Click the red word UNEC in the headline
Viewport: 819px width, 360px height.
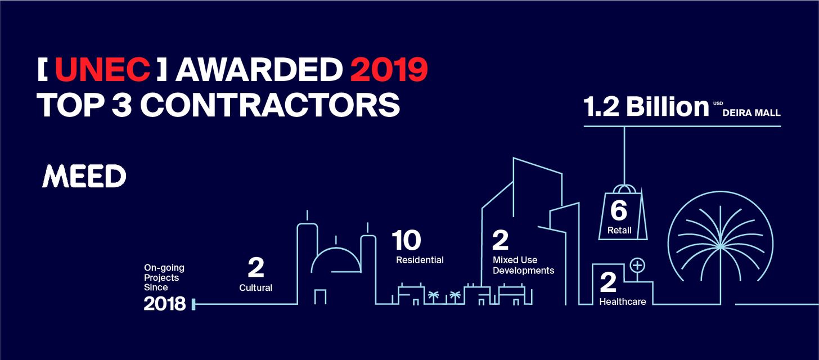tap(102, 69)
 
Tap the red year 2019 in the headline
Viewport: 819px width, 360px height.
tap(389, 69)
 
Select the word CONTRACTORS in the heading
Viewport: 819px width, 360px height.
tap(270, 105)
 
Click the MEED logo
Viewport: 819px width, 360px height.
tap(84, 176)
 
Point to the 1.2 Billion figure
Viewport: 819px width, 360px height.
tap(646, 107)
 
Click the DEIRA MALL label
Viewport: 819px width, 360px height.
tap(751, 113)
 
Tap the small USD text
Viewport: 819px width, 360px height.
tap(718, 103)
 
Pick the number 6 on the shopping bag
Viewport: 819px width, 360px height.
tap(619, 210)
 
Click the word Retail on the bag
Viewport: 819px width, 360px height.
tap(619, 230)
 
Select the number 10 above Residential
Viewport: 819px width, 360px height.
tap(406, 240)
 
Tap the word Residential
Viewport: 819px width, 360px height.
tap(420, 260)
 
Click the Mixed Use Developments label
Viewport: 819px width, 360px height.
tap(523, 265)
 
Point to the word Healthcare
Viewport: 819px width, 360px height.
tap(623, 301)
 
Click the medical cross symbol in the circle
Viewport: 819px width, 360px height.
tap(637, 265)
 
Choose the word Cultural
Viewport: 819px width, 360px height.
tap(255, 287)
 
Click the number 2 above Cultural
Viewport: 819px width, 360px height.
tap(256, 268)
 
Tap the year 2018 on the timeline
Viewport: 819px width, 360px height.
tap(164, 304)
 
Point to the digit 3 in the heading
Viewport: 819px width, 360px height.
tap(121, 105)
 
